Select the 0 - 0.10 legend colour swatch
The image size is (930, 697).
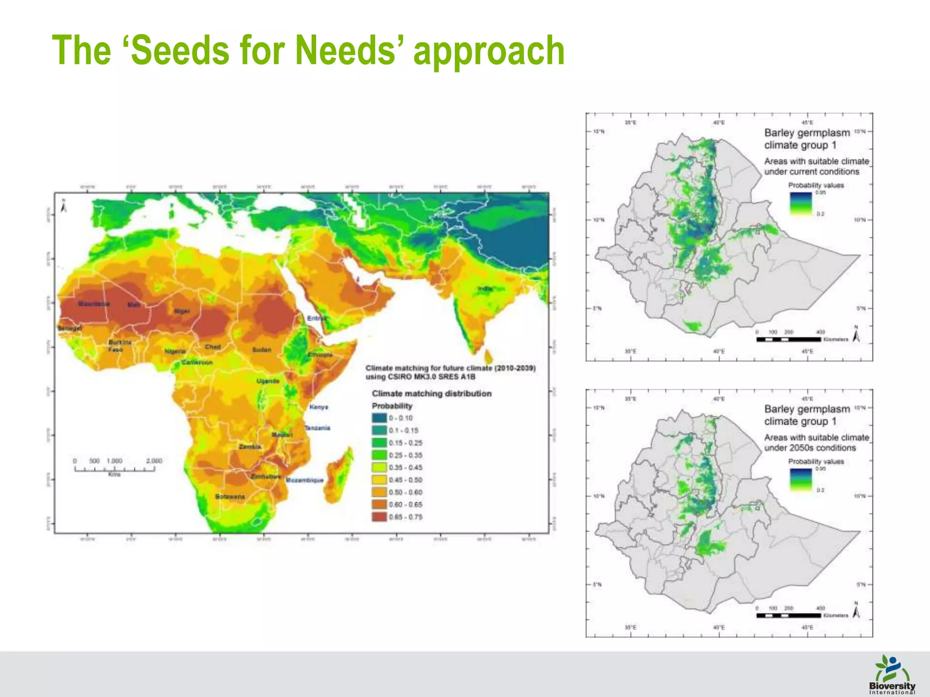coord(379,418)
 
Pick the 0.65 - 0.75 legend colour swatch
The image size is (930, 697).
coord(379,517)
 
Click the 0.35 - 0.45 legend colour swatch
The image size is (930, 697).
coord(379,467)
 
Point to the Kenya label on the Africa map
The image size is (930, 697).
coord(319,407)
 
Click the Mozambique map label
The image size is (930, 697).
coord(305,480)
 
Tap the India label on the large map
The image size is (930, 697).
coord(485,289)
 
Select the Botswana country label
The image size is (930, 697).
coord(230,496)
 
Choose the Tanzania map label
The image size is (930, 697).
coord(317,428)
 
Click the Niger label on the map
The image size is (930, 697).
coord(182,311)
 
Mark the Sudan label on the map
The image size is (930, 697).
coord(262,350)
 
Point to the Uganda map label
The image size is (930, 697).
coord(268,381)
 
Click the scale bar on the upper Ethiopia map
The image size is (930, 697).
coord(789,339)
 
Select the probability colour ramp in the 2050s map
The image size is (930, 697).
coord(801,480)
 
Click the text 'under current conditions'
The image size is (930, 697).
coord(811,172)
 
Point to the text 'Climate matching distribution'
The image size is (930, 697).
coord(431,393)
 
